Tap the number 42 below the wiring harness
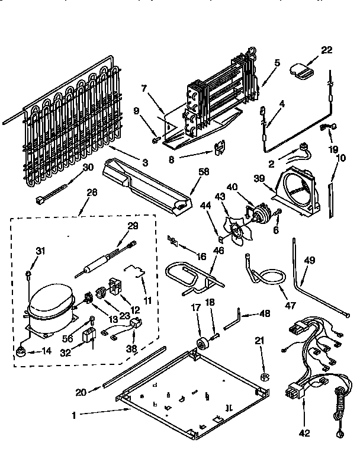304,433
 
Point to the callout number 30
88,167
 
